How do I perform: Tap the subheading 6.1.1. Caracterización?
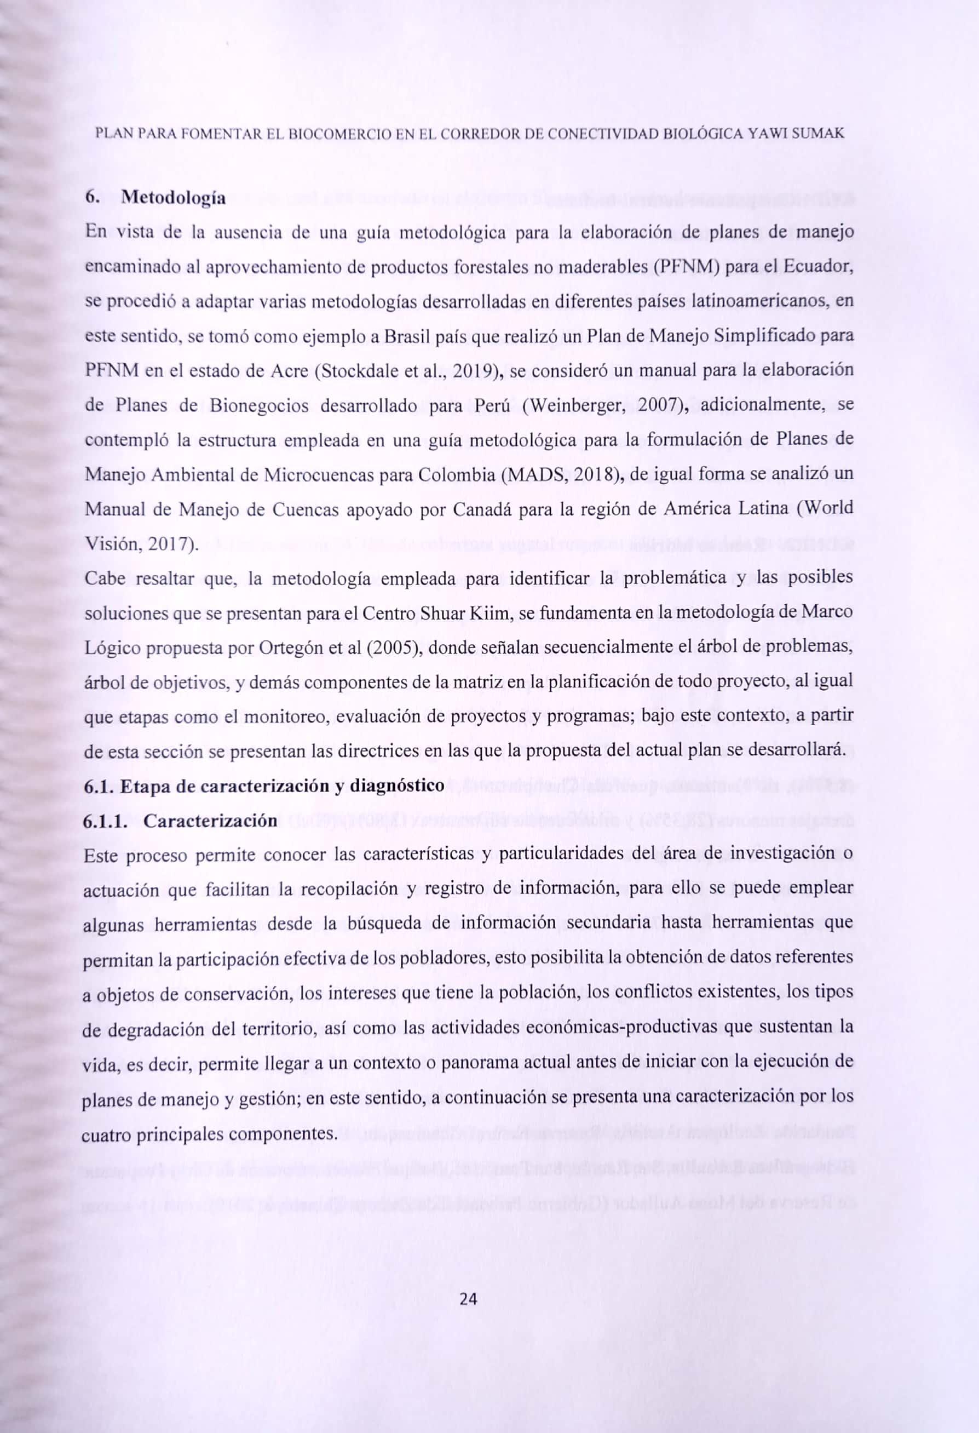[x=180, y=821]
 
